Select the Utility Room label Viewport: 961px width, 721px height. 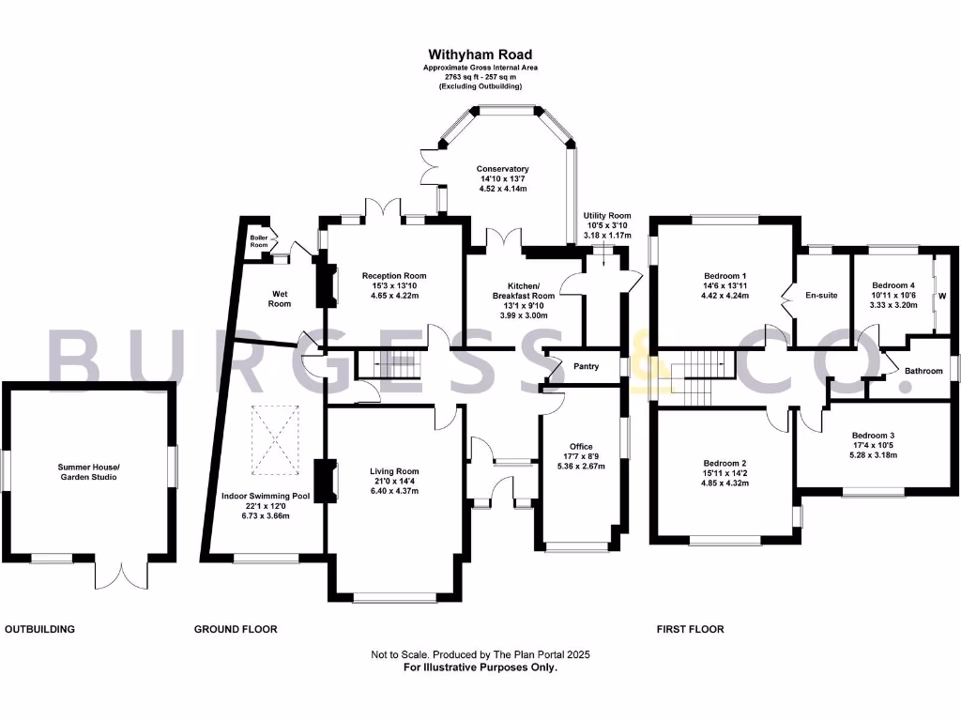click(x=606, y=216)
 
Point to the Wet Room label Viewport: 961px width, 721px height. click(x=280, y=299)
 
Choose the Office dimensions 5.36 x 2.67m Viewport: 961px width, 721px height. click(x=581, y=467)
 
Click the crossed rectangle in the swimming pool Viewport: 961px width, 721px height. click(x=274, y=437)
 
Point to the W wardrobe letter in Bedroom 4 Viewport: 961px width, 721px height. click(x=942, y=295)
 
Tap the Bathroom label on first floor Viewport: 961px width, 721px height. click(x=923, y=371)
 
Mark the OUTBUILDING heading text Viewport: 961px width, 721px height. click(x=39, y=629)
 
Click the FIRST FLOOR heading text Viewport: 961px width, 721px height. click(x=690, y=629)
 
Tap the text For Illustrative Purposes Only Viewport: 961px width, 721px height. click(x=480, y=667)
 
